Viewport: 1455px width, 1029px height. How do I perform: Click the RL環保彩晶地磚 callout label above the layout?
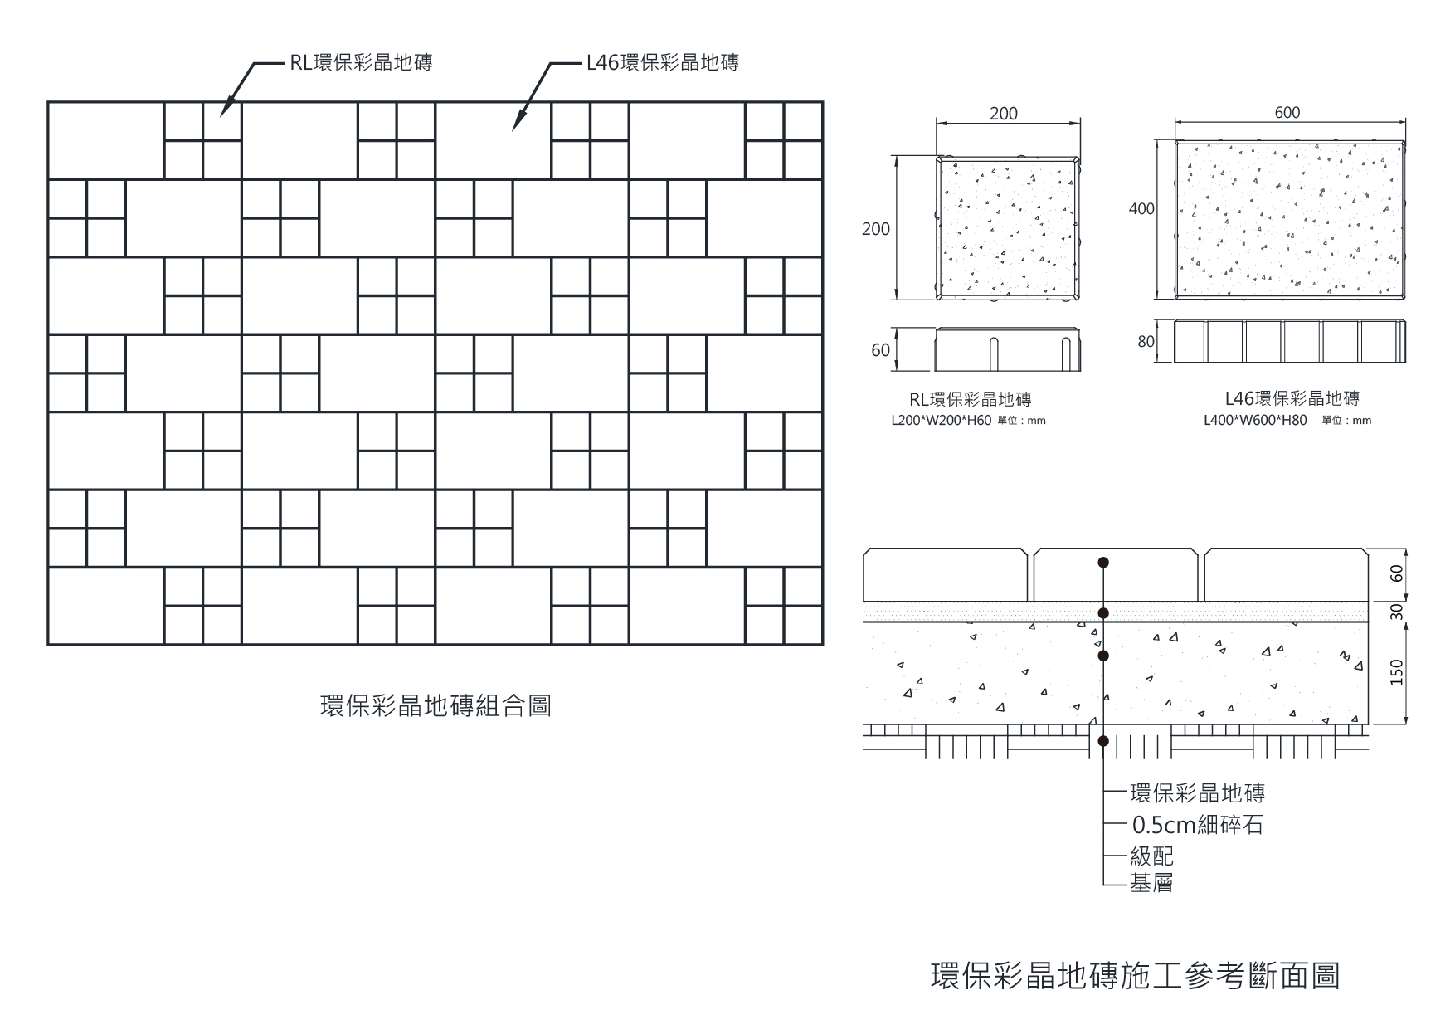tap(361, 62)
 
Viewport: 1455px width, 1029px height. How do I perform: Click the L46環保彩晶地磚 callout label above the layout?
tap(662, 62)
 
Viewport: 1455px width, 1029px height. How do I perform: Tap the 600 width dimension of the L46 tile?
tap(1287, 113)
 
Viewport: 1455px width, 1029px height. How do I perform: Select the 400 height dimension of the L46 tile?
tap(1141, 209)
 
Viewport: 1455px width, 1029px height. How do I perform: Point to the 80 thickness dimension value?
tap(1146, 341)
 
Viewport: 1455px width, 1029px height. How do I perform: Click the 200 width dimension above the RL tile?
tap(1004, 114)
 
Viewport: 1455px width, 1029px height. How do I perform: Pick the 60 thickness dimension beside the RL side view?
tap(880, 350)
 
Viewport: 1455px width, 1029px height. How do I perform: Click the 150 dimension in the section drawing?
tap(1397, 672)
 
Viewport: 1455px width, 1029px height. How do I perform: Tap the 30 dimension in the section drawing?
tap(1397, 612)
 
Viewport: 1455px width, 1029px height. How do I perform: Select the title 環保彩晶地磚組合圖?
tap(436, 706)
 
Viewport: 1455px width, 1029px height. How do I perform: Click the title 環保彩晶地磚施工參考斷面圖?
tap(1135, 976)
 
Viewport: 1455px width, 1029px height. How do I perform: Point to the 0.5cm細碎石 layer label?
tap(1197, 825)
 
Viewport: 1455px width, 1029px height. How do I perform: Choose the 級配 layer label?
tap(1151, 856)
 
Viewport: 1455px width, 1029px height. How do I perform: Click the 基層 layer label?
tap(1151, 883)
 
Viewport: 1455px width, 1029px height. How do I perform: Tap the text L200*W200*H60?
tap(941, 421)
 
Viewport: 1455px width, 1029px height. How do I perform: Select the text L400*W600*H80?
tap(1255, 421)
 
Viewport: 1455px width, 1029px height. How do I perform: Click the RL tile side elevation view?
tap(1009, 350)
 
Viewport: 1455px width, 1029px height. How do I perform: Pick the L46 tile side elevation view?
tap(1290, 341)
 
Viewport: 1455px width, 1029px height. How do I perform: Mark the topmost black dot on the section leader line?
tap(1103, 563)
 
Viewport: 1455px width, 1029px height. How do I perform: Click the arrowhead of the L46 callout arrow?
tap(514, 128)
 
